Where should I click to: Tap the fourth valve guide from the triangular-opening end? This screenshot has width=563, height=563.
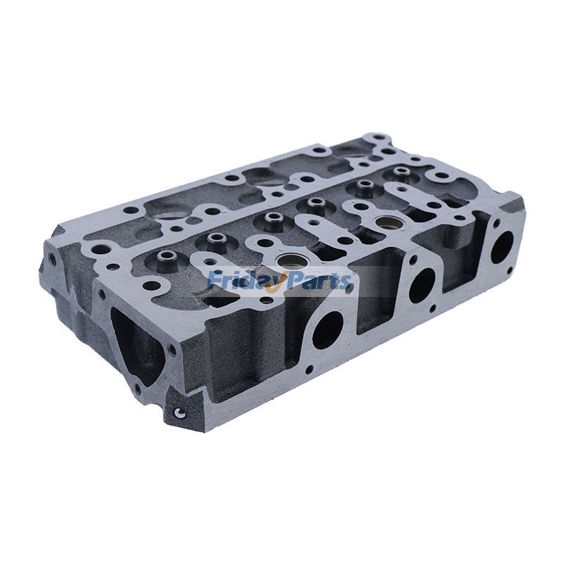coord(314,203)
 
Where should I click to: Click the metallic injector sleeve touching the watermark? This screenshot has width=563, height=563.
coord(289,262)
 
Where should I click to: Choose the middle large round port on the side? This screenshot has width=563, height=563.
coord(422,285)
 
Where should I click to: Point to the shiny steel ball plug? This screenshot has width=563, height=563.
coord(179,412)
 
